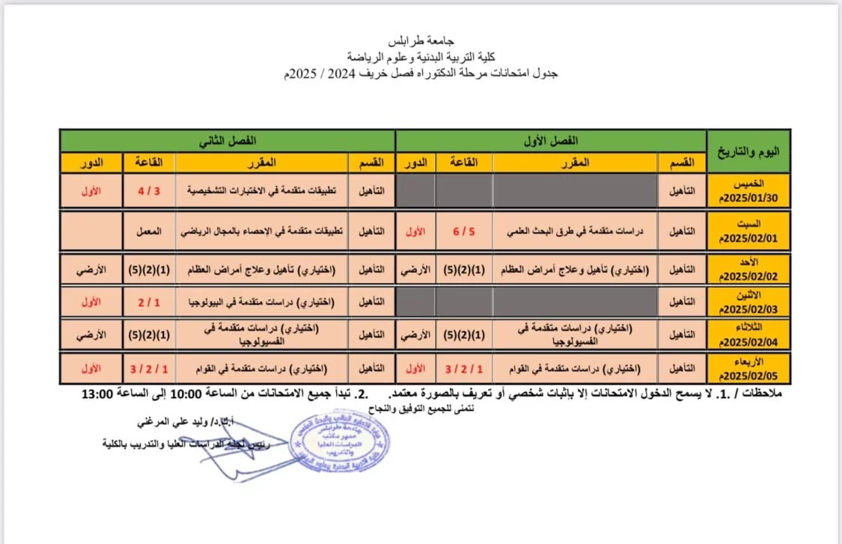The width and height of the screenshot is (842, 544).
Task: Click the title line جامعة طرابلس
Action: pos(423,41)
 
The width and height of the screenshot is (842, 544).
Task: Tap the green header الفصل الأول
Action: pos(550,141)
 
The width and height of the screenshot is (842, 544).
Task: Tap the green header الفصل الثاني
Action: pos(228,141)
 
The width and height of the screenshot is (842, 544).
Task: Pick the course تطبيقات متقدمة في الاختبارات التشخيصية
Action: pos(262,192)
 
